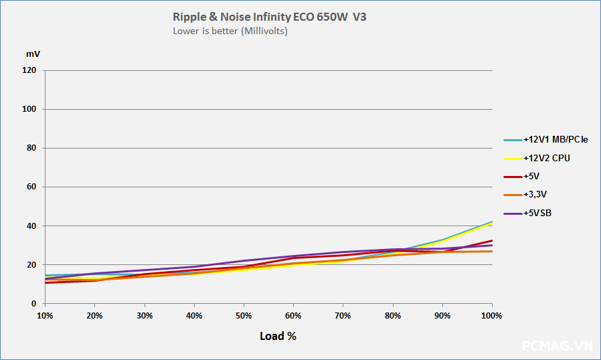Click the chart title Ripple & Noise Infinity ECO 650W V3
tap(269, 17)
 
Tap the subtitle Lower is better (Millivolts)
tap(230, 31)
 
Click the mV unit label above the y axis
tap(33, 54)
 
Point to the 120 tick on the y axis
tap(29, 70)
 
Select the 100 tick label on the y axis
tap(29, 109)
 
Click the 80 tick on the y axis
tap(31, 148)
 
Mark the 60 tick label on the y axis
tap(31, 187)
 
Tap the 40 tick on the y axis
tap(31, 226)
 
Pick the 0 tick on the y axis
tap(33, 304)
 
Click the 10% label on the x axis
tap(45, 315)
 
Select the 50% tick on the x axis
tap(244, 315)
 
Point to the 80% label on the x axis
tap(393, 315)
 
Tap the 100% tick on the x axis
tap(492, 315)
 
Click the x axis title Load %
tap(278, 336)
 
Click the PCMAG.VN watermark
tap(557, 345)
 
